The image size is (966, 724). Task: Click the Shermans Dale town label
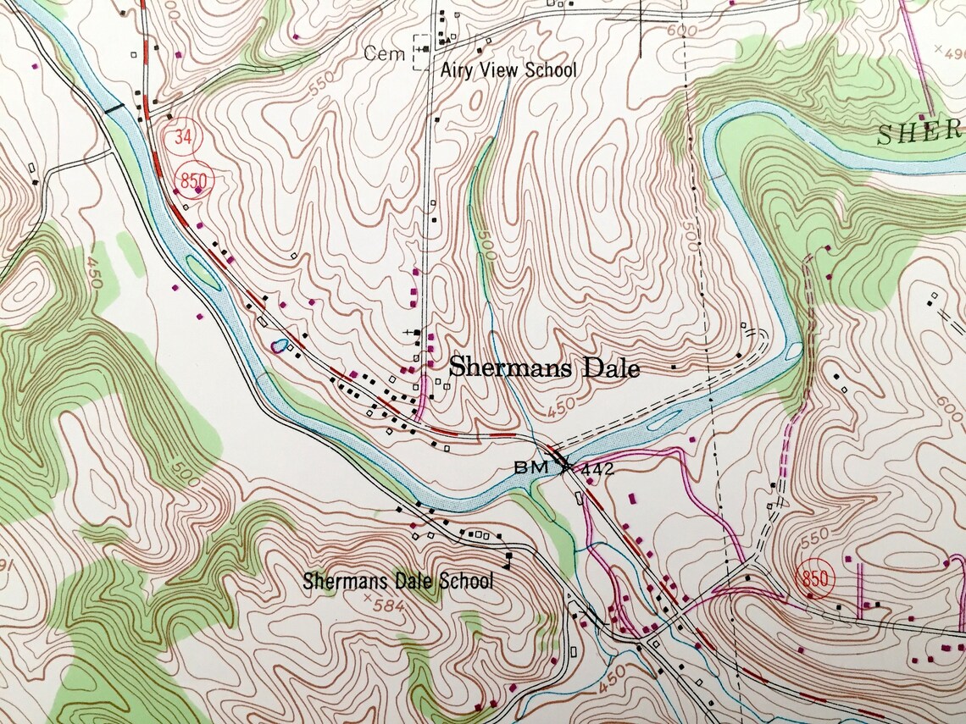point(543,368)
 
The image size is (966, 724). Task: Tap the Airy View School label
point(508,70)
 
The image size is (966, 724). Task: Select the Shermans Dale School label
point(397,581)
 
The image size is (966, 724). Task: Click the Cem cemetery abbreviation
point(380,53)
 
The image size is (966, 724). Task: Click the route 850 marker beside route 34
point(196,180)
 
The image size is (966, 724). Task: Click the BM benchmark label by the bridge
point(527,467)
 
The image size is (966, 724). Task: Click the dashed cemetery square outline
point(420,53)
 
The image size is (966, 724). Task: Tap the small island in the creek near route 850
point(203,272)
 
